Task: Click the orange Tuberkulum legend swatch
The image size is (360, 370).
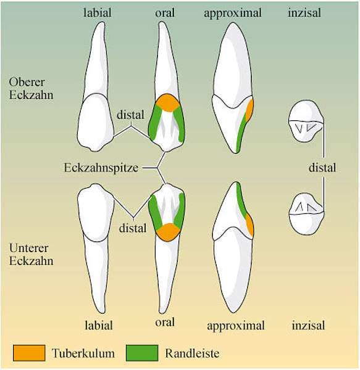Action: pyautogui.click(x=29, y=353)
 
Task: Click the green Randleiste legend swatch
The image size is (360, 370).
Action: pyautogui.click(x=142, y=353)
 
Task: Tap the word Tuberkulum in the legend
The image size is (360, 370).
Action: pyautogui.click(x=83, y=353)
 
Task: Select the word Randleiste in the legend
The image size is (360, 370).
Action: pyautogui.click(x=192, y=353)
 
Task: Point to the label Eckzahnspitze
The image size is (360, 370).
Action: pyautogui.click(x=101, y=168)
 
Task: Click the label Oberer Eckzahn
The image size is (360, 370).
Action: pyautogui.click(x=31, y=88)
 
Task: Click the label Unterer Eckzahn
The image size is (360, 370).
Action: pyautogui.click(x=31, y=254)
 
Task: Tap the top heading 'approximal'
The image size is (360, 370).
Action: pyautogui.click(x=233, y=13)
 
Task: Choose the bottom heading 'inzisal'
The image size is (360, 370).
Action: pyautogui.click(x=308, y=326)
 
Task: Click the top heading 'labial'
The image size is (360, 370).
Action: pyautogui.click(x=98, y=12)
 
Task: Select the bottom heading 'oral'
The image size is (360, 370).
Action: pyautogui.click(x=165, y=322)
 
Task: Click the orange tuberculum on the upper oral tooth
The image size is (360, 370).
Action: pyautogui.click(x=168, y=102)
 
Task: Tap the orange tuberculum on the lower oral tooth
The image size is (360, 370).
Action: pyautogui.click(x=168, y=232)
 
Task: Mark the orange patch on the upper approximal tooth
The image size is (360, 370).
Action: pyautogui.click(x=249, y=110)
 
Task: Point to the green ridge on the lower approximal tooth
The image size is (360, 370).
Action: pyautogui.click(x=241, y=199)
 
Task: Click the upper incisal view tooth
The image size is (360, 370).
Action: pyautogui.click(x=306, y=121)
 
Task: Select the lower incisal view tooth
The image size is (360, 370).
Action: pyautogui.click(x=306, y=213)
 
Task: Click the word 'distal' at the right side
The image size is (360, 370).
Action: pyautogui.click(x=322, y=168)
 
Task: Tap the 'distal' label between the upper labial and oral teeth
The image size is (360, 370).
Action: pyautogui.click(x=130, y=115)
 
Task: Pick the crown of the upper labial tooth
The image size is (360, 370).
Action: pyautogui.click(x=96, y=122)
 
